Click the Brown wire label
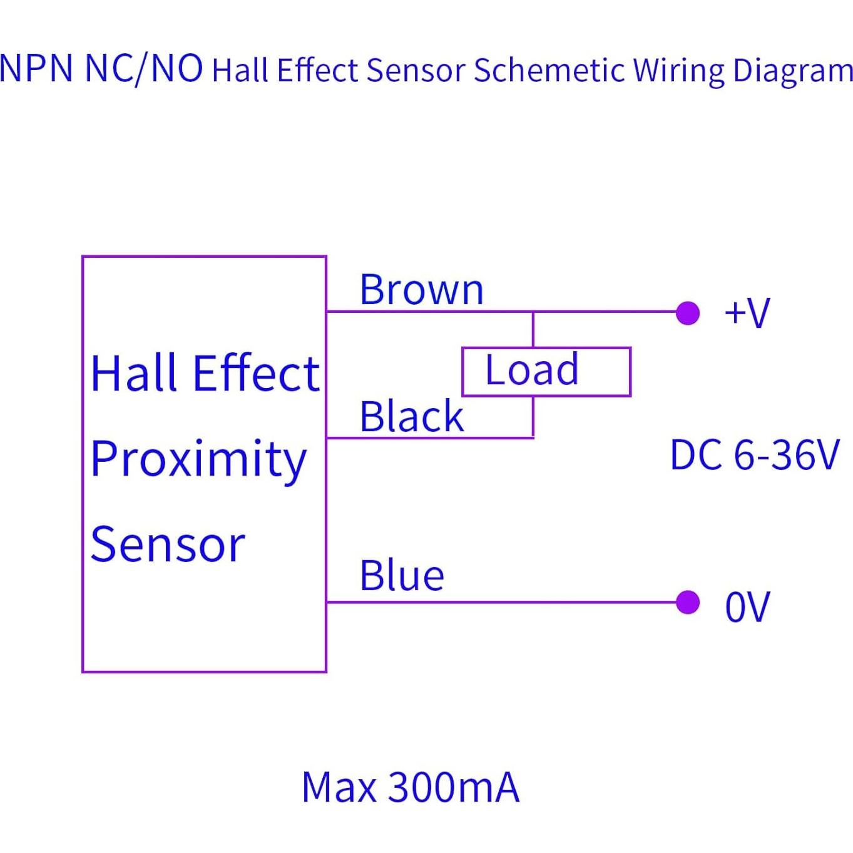coord(421,290)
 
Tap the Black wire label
coord(411,417)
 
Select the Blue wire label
coord(401,576)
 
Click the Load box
coord(546,372)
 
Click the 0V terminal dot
coord(688,603)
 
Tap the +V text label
coord(747,312)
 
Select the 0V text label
coord(747,606)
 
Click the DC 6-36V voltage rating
coord(754,455)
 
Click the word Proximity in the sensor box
coord(198,459)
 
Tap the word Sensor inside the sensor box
coord(167,544)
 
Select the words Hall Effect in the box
coord(205,374)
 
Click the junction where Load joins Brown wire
coord(533,311)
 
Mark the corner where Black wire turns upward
coord(533,437)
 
